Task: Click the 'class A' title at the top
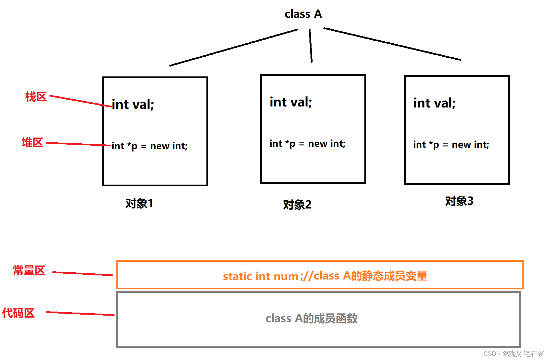tap(303, 14)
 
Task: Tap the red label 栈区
tap(36, 97)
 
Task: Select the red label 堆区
tap(32, 142)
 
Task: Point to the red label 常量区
tap(29, 270)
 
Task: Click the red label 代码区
tap(18, 313)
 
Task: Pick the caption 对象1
tap(139, 203)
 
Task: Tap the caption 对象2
tap(297, 205)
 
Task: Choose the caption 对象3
tap(459, 201)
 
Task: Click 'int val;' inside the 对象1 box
tap(133, 104)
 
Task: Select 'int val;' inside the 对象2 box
tap(291, 102)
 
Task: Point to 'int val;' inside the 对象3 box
tap(434, 103)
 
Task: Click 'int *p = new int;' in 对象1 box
tap(149, 146)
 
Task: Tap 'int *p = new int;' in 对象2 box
tap(307, 144)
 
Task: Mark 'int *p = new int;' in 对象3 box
tap(451, 145)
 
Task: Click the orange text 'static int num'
tap(261, 276)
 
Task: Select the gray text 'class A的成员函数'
tap(312, 318)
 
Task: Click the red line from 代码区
tap(80, 313)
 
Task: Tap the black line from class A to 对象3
tap(392, 44)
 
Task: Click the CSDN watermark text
tap(514, 354)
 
